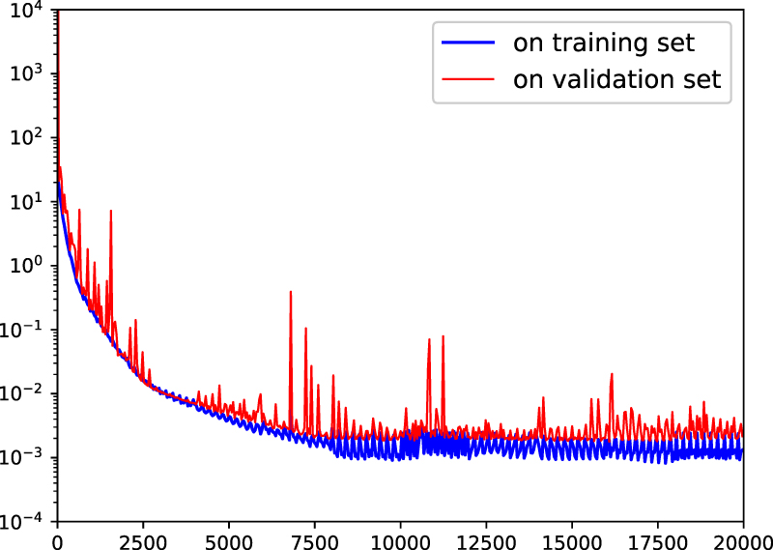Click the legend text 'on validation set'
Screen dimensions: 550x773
coord(617,79)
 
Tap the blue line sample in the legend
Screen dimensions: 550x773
coord(470,43)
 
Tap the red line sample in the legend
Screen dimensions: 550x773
coord(470,80)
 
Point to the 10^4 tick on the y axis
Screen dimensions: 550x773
coord(29,9)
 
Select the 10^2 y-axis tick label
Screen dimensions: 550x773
coord(29,137)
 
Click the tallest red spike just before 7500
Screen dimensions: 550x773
coord(291,292)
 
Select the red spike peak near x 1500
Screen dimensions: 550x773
coord(111,211)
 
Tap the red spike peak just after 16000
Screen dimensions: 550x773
coord(612,374)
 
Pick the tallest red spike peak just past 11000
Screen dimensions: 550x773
coord(443,336)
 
